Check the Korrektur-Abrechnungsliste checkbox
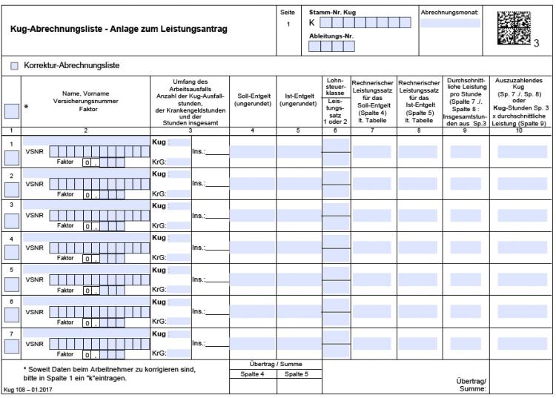coord(15,66)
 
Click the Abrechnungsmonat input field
coord(450,23)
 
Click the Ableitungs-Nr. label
coord(331,34)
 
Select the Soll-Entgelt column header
coord(253,100)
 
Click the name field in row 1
coord(85,139)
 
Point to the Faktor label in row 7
coord(67,354)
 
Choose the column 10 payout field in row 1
coord(522,152)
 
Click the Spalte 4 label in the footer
coord(253,374)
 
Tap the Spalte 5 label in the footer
coord(299,374)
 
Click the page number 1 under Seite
coord(288,24)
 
